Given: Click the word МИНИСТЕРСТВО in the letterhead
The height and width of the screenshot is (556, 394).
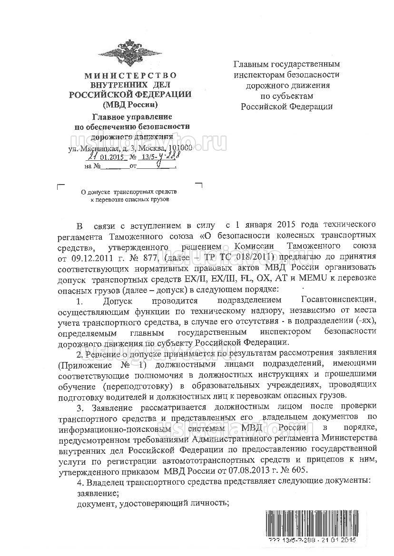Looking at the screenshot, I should [x=130, y=76].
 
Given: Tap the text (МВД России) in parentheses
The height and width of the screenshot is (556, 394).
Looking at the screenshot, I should [x=130, y=104].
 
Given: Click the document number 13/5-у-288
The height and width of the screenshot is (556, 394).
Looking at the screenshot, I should [x=156, y=157].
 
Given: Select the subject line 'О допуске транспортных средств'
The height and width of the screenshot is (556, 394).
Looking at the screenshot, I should [x=129, y=192].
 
